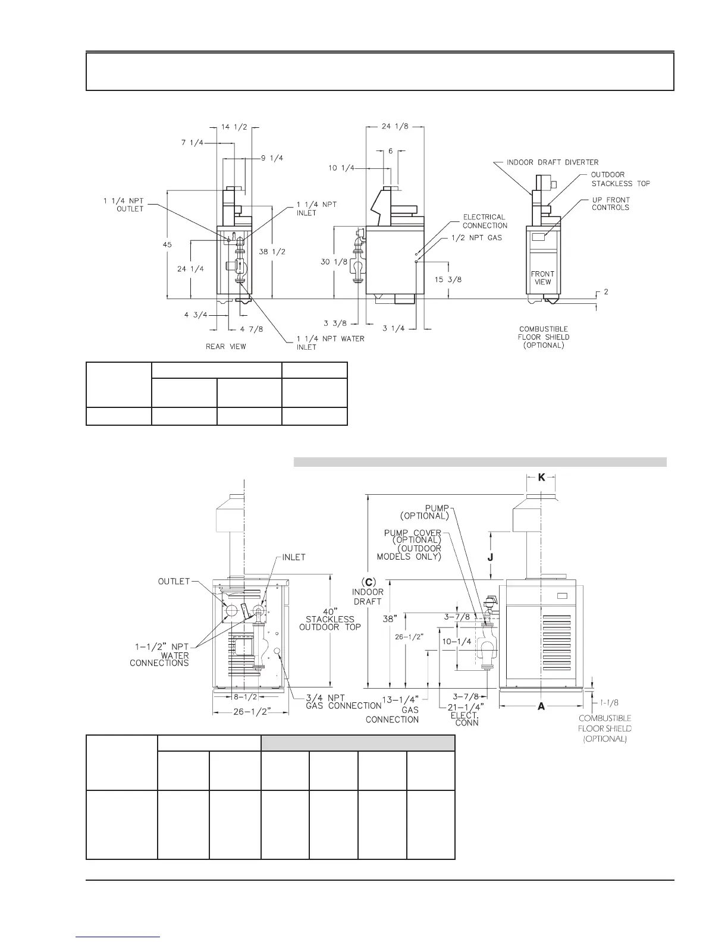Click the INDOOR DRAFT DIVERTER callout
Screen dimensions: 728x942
point(553,162)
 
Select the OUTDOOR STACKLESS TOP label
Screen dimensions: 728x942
point(620,179)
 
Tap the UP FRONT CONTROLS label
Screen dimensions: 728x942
point(610,203)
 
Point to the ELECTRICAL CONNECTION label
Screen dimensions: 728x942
point(485,221)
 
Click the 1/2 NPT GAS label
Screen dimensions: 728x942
point(477,238)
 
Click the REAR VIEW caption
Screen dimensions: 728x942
point(225,346)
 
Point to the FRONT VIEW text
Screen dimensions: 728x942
point(542,278)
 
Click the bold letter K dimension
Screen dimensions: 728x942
point(541,478)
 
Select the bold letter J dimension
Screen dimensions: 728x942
point(490,557)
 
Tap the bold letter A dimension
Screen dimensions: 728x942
point(541,706)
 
